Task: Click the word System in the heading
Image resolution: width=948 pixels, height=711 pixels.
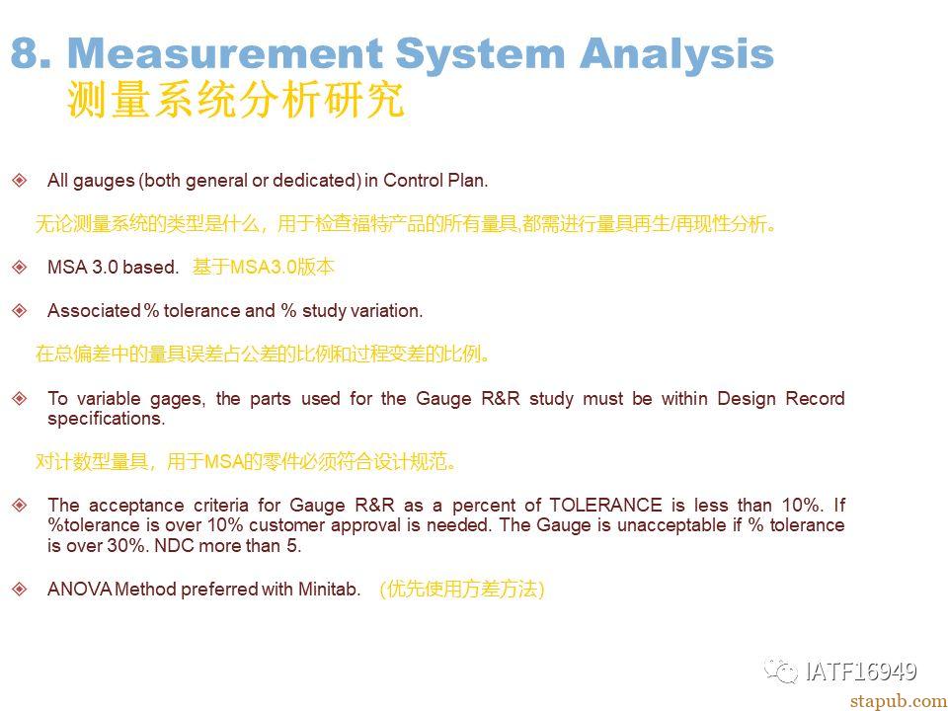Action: pyautogui.click(x=480, y=54)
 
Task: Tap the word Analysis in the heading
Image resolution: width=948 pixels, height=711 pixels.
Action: pyautogui.click(x=676, y=54)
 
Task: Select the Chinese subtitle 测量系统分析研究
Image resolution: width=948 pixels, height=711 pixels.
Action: pyautogui.click(x=236, y=100)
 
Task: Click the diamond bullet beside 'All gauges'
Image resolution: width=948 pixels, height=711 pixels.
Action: pyautogui.click(x=20, y=180)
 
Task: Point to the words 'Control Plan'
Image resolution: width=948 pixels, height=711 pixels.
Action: pyautogui.click(x=434, y=180)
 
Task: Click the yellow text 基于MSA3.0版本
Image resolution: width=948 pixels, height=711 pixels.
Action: pyautogui.click(x=263, y=267)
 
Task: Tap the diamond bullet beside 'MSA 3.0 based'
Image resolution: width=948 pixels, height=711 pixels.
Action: pyautogui.click(x=20, y=267)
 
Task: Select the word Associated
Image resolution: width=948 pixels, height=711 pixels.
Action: pyautogui.click(x=94, y=311)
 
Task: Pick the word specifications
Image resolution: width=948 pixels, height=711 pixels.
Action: pyautogui.click(x=106, y=419)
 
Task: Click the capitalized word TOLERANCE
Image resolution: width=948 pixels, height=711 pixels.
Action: pyautogui.click(x=605, y=506)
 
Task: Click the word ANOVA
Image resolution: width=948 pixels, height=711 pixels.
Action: pyautogui.click(x=80, y=589)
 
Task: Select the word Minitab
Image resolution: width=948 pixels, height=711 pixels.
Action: pyautogui.click(x=329, y=589)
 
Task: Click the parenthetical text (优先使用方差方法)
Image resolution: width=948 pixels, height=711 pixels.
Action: pyautogui.click(x=462, y=589)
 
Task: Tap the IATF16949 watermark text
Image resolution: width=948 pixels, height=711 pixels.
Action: pyautogui.click(x=861, y=671)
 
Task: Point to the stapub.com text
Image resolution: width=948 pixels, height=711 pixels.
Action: pyautogui.click(x=899, y=701)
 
